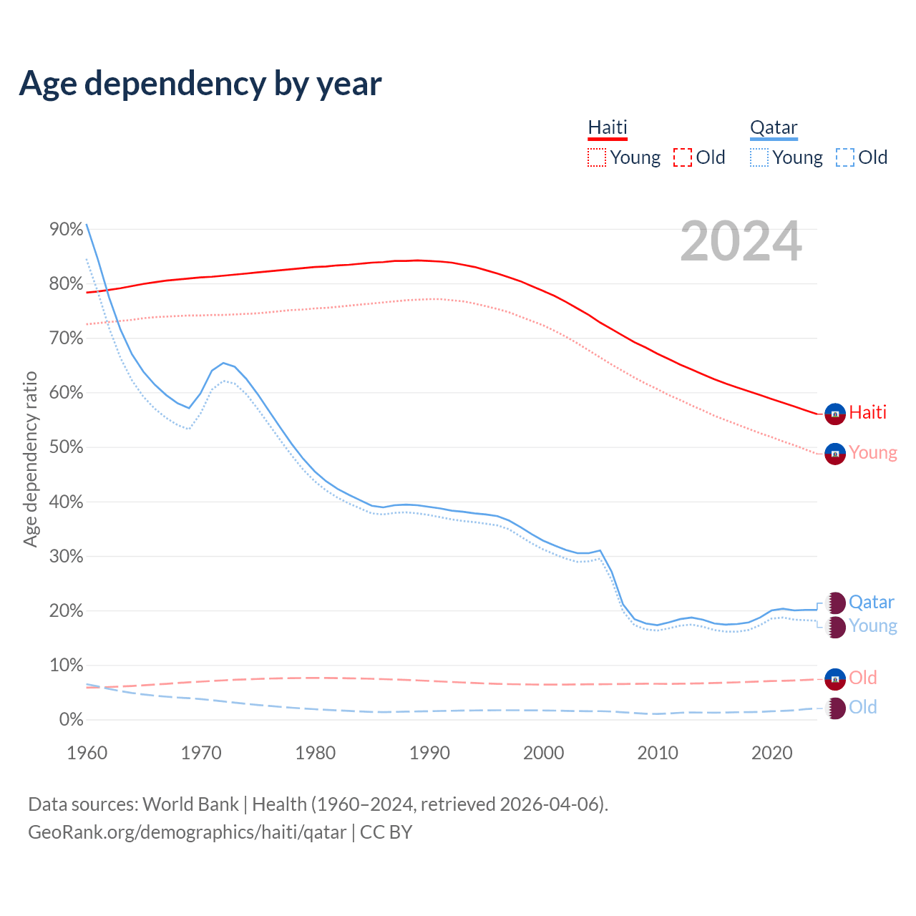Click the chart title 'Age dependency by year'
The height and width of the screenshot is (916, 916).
click(200, 84)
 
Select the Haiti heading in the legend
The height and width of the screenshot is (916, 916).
click(608, 127)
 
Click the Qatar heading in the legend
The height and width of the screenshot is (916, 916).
click(774, 127)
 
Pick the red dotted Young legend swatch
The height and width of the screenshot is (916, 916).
click(596, 157)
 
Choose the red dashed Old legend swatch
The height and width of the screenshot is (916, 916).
click(683, 157)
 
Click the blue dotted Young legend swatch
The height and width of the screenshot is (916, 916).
click(759, 157)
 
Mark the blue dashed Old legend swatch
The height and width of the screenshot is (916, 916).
click(845, 157)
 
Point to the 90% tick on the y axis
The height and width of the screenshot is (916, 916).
click(67, 229)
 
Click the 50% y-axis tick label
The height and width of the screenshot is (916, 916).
click(67, 447)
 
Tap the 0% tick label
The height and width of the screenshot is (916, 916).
click(72, 720)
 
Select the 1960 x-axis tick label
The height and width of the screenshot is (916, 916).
click(87, 753)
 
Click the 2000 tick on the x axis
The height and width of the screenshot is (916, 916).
click(544, 753)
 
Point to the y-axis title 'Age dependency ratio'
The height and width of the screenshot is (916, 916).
click(30, 459)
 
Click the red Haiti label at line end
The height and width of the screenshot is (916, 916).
click(867, 412)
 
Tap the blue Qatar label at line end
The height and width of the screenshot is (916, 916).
click(871, 603)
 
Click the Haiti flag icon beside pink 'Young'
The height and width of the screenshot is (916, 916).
click(835, 454)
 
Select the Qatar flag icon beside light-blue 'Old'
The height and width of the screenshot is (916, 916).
click(835, 708)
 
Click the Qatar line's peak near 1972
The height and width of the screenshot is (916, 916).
click(223, 363)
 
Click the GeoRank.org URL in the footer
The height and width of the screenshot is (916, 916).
click(187, 832)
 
